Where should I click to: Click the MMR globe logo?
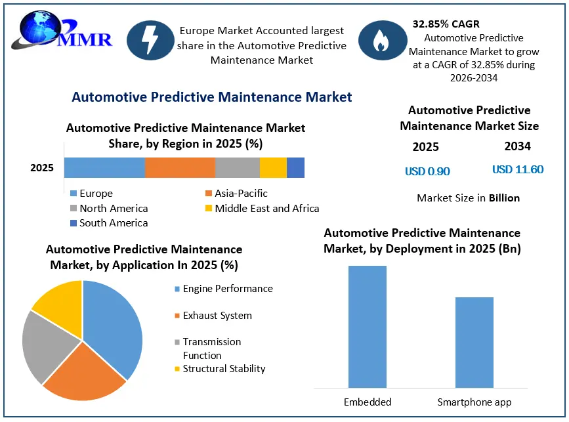click(x=61, y=31)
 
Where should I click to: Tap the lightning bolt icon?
click(x=150, y=40)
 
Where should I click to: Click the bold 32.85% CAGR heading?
click(x=446, y=24)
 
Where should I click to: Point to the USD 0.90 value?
click(x=427, y=171)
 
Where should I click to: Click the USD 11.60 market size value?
click(x=518, y=169)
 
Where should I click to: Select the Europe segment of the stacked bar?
click(x=104, y=167)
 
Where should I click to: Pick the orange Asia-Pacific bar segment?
click(x=180, y=167)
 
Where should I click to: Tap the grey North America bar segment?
click(x=238, y=167)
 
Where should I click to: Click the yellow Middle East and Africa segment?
click(x=273, y=167)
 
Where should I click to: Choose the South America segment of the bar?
click(x=296, y=167)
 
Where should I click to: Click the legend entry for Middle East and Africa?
click(x=262, y=208)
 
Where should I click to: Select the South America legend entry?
click(x=109, y=222)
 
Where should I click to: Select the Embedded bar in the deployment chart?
click(x=368, y=327)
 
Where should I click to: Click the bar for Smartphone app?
click(x=474, y=343)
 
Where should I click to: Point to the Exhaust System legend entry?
click(x=213, y=315)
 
